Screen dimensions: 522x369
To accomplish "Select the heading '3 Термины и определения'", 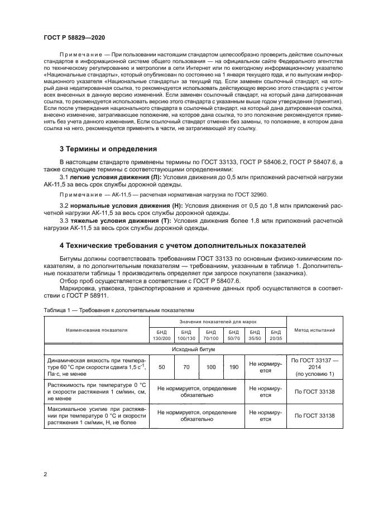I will tap(108, 149).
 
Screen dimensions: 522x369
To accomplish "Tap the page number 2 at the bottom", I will tap(45, 475).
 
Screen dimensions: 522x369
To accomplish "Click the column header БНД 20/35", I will tap(275, 335).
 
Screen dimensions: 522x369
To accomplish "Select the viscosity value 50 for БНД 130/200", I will tap(162, 367).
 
